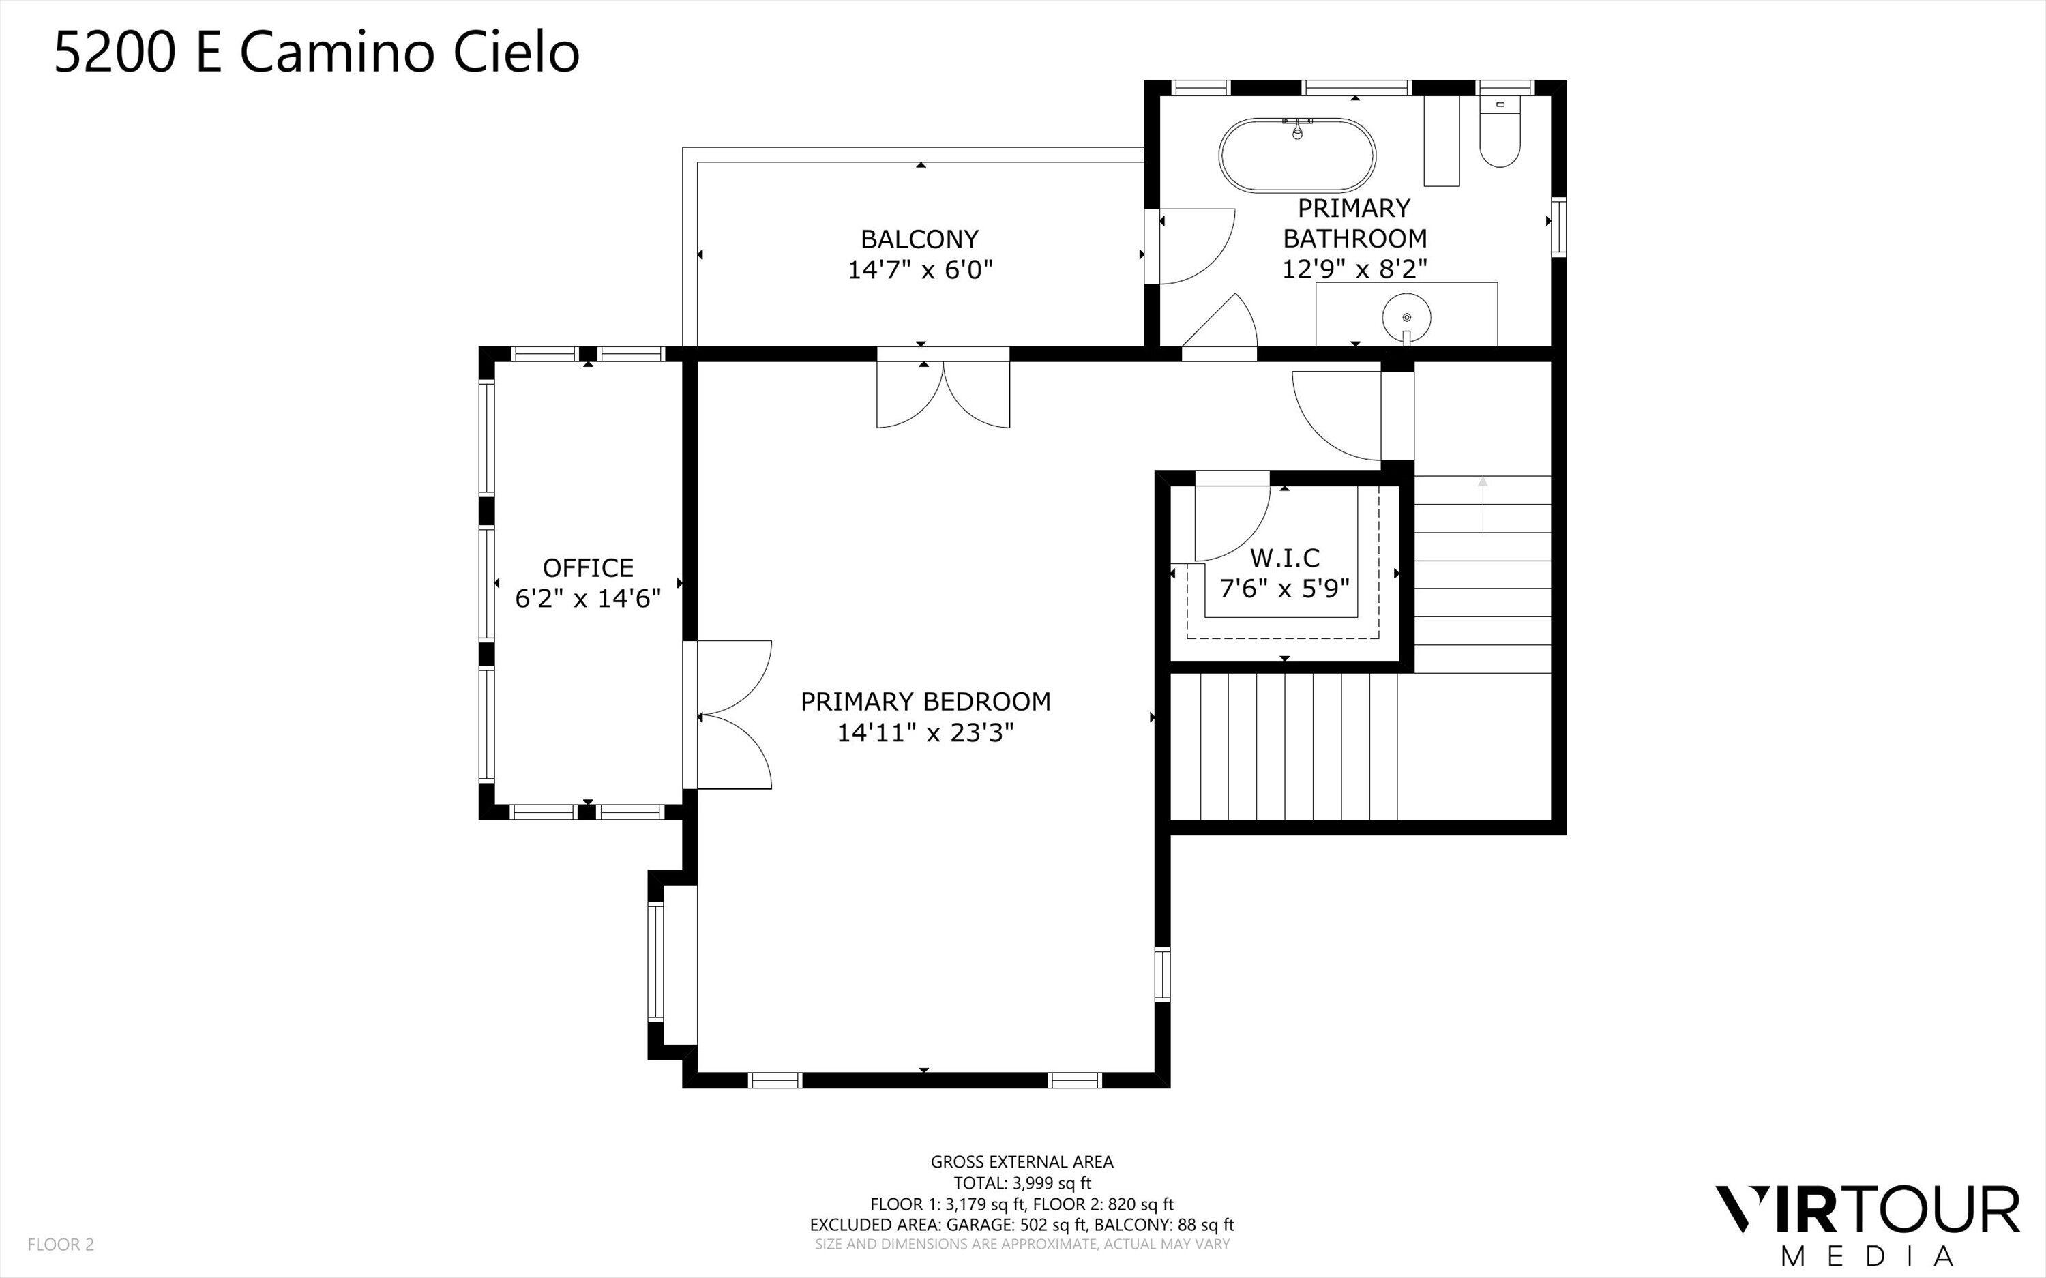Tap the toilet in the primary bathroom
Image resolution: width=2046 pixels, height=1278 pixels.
1500,135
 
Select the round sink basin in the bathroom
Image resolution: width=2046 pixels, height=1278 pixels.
1406,318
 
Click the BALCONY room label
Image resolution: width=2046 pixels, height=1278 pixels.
919,239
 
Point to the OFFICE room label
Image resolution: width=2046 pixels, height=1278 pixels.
587,567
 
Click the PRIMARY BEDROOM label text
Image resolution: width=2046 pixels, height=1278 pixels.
925,702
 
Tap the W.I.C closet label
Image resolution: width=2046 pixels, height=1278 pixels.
1285,558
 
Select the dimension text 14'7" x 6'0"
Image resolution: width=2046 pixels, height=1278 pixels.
919,271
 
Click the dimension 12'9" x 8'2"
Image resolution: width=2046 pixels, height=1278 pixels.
1354,269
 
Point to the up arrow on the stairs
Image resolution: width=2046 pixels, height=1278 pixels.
1482,503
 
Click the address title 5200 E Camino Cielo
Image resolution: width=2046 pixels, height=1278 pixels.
317,53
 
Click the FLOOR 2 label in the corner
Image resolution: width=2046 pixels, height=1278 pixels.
61,1244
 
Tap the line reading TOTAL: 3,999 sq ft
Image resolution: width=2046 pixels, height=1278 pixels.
1022,1183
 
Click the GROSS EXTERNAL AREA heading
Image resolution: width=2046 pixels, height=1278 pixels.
1022,1162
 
